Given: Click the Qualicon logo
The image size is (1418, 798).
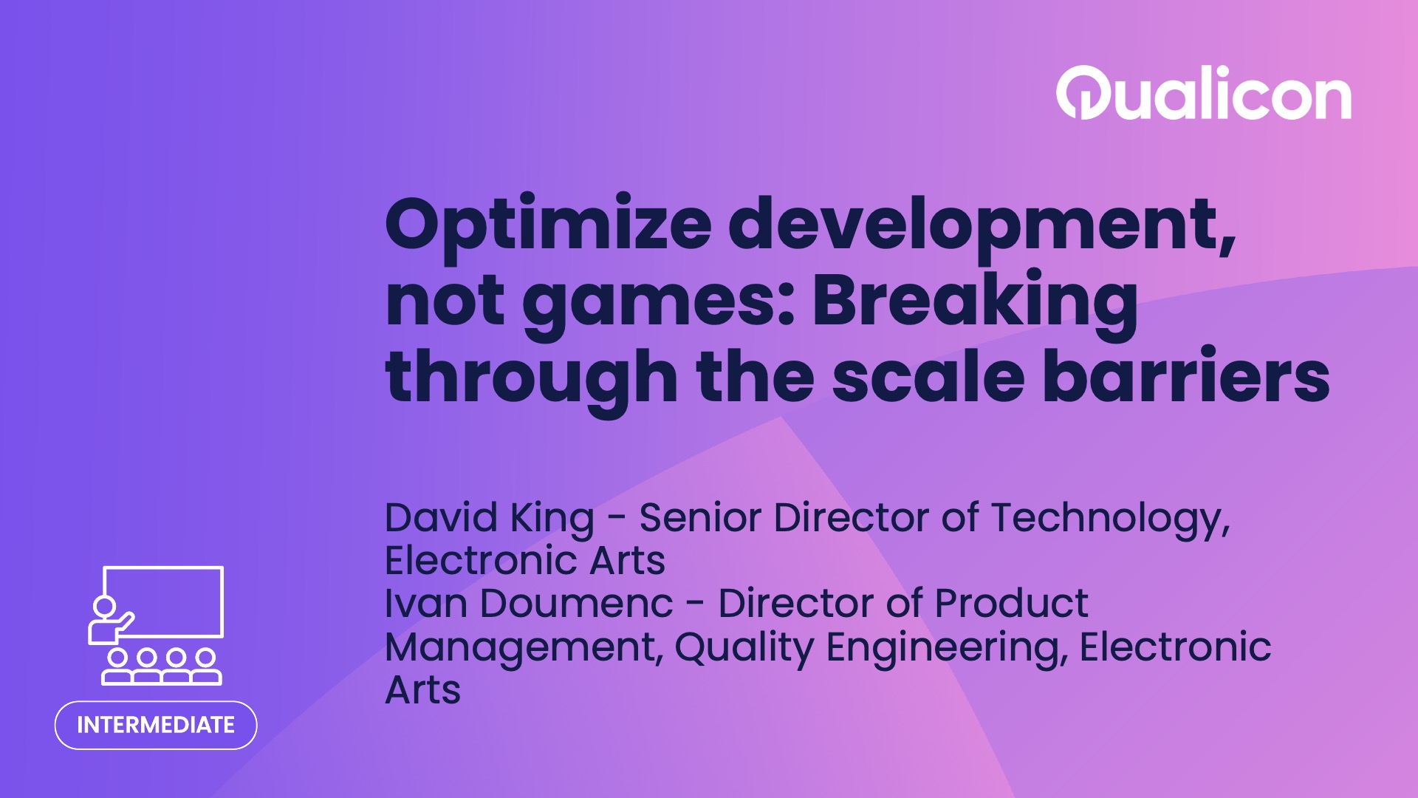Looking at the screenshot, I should click(1203, 94).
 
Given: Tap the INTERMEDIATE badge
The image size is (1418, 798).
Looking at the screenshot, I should click(156, 725).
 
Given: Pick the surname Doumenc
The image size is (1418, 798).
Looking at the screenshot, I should click(576, 604).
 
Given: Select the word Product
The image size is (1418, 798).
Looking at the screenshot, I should click(1011, 604).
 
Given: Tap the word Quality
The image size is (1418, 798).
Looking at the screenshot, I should click(744, 648).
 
